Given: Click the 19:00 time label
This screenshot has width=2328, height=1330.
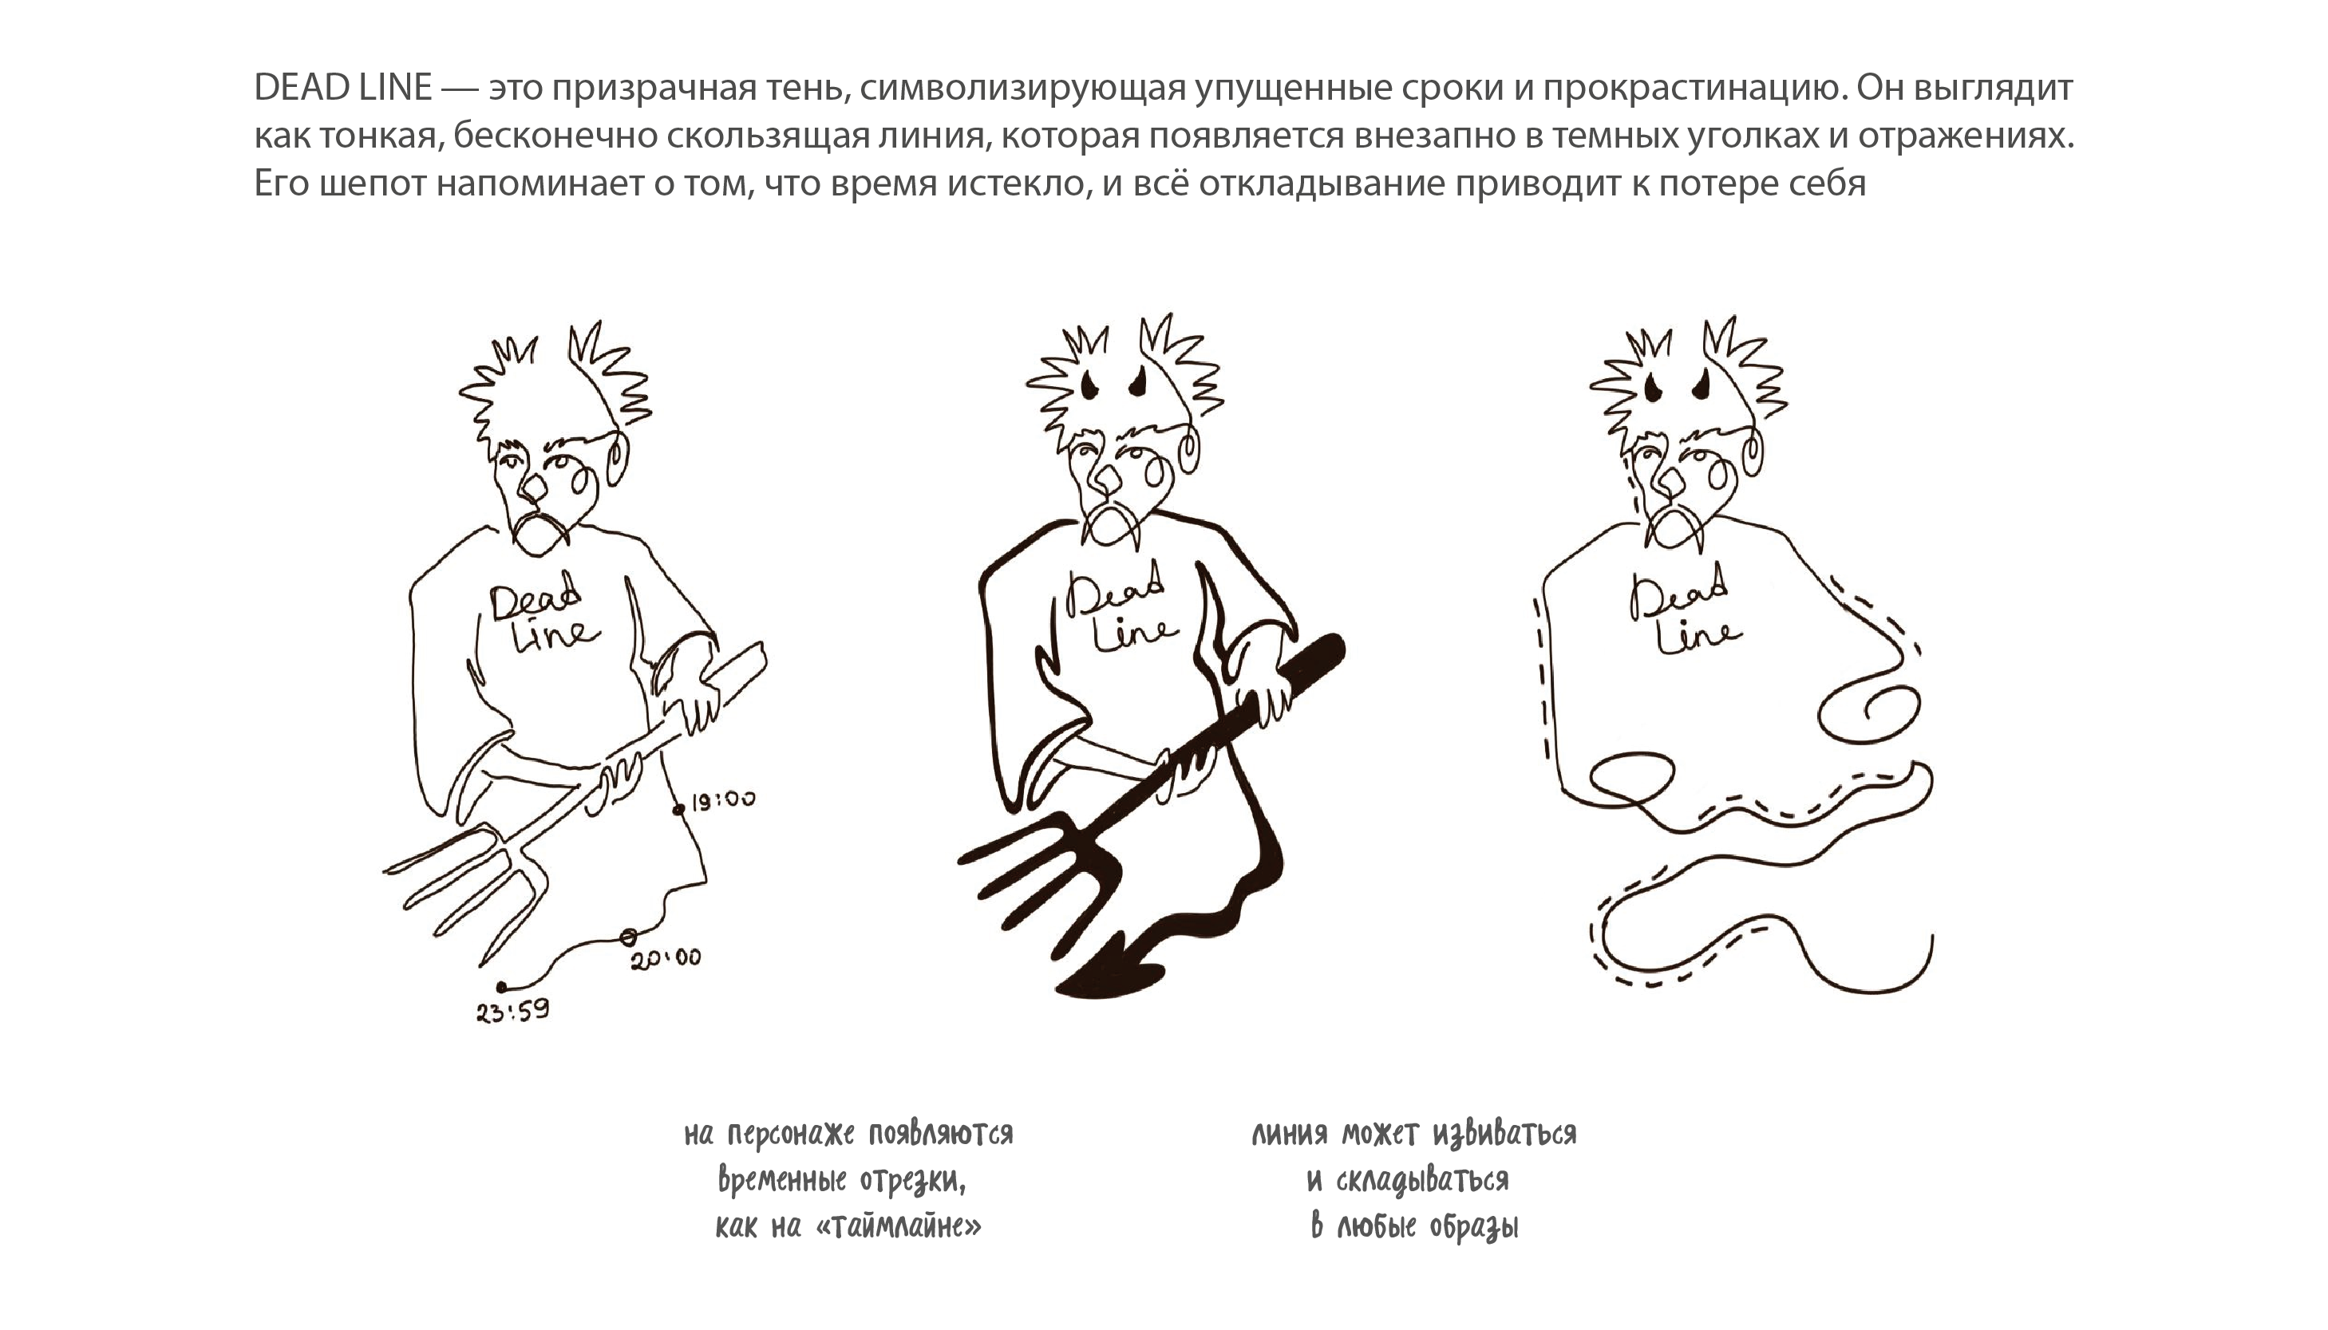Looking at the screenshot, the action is click(x=723, y=800).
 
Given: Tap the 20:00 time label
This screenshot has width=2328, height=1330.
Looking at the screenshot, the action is click(x=666, y=957).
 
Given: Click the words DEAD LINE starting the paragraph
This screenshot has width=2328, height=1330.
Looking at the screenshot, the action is click(x=342, y=88).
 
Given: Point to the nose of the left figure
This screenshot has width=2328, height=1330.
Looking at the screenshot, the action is click(x=530, y=489).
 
